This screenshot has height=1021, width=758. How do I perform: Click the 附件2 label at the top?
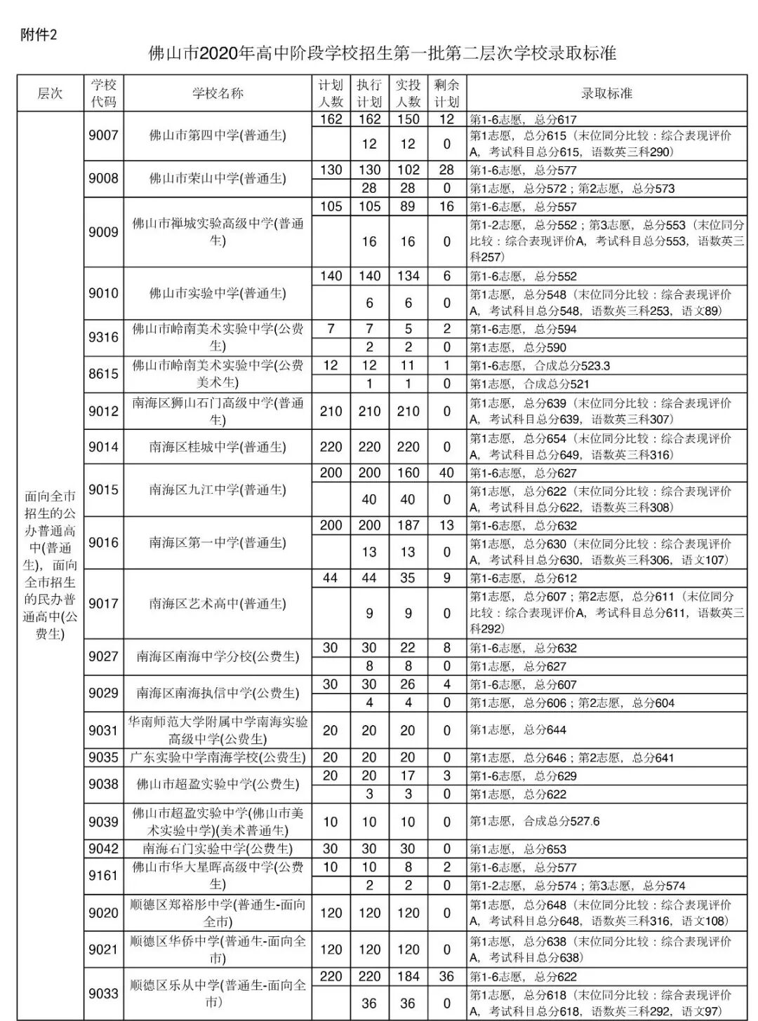click(39, 34)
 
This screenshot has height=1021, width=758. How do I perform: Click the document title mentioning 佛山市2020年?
click(383, 54)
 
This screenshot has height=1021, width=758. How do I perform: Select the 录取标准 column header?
click(606, 93)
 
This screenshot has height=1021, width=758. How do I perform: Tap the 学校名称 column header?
click(218, 93)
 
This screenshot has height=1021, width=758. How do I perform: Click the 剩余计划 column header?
click(446, 93)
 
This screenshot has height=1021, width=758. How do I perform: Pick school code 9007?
click(103, 135)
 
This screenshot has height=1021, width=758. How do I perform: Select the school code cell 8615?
click(103, 374)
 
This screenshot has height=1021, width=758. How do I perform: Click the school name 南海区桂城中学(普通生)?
click(218, 447)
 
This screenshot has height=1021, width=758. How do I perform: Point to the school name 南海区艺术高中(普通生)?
click(218, 604)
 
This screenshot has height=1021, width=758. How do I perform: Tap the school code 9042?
click(103, 848)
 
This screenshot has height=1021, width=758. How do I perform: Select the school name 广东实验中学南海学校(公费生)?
click(218, 757)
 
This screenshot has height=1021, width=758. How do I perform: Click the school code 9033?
click(103, 994)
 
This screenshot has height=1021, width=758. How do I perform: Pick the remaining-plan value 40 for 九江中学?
click(446, 473)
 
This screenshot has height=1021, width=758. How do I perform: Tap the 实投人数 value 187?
click(408, 525)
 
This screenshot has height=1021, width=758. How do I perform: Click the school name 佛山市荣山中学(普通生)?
click(218, 179)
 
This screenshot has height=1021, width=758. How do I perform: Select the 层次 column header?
click(50, 93)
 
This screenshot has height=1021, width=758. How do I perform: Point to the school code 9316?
click(103, 337)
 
